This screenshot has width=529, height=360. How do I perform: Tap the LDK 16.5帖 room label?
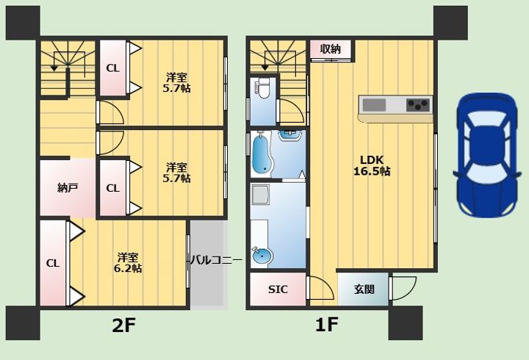pos(375,165)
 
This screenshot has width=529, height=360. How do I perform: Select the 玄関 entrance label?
pos(364,289)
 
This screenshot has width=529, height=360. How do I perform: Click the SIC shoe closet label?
pos(278,289)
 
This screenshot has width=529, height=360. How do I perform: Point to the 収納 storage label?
pos(330,49)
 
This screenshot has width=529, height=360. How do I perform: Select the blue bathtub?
pos(261,154)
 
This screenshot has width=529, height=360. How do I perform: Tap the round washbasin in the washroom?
pos(262,256)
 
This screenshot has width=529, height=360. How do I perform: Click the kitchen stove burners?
pos(419,104)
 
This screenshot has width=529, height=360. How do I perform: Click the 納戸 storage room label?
pos(68,188)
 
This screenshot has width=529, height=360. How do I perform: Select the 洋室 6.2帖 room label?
pos(129,262)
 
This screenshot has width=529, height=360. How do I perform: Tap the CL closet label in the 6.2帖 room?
pos(53,263)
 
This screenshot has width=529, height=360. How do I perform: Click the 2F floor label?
pos(123,325)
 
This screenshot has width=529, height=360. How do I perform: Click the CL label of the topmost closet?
pos(112,68)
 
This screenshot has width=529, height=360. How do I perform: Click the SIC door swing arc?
pos(320,288)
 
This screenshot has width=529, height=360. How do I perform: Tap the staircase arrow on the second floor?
pos(54,67)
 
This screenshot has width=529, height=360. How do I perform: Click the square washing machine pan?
pos(260,195)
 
